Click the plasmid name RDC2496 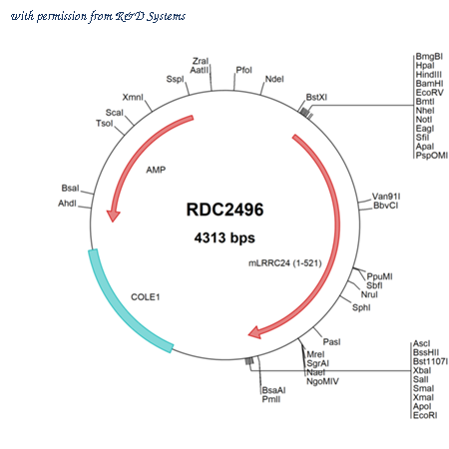coord(224,210)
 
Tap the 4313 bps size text coord(224,237)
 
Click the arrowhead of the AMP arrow coord(113,216)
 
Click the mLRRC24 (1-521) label coord(285,263)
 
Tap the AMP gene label coord(156,170)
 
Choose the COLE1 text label coord(146,297)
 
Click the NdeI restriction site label coord(274,79)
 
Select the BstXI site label coord(316,97)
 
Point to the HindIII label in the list coord(429,75)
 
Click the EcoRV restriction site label coord(429,93)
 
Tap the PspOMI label coord(432,156)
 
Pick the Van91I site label coord(386,197)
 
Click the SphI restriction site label coord(361,307)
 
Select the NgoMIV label coord(322,381)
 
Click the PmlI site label coord(271,399)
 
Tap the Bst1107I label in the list coord(430,361)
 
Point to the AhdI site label coord(67,204)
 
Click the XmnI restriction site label coord(133,97)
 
